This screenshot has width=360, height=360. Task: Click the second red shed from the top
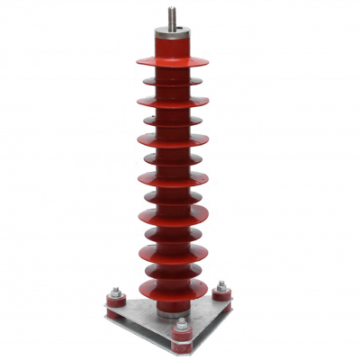[x=172, y=82]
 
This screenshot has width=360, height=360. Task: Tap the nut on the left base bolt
[x=115, y=292]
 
